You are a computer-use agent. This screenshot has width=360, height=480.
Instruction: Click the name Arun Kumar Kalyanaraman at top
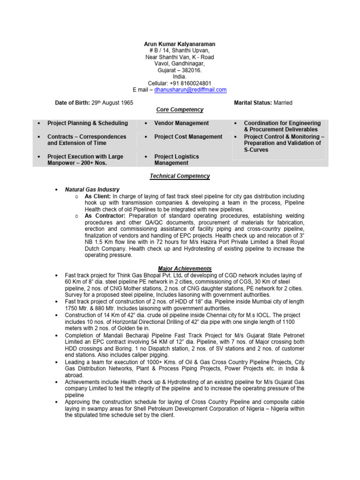pos(180,44)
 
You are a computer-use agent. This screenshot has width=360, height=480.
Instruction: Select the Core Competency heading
pos(180,110)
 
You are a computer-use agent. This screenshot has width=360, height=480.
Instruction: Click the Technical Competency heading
pos(180,176)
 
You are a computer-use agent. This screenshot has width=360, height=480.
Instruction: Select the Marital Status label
pos(254,103)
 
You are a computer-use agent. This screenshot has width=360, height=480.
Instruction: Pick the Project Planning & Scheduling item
pos(88,123)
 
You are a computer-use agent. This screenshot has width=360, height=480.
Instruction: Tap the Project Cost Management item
pos(188,137)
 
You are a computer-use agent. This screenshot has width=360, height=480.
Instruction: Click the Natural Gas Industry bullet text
pos(92,189)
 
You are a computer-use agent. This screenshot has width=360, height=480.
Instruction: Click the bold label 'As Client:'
pos(97,196)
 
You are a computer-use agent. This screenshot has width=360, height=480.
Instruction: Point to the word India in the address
pos(179,76)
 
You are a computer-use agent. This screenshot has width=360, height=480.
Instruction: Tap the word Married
pos(284,103)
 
